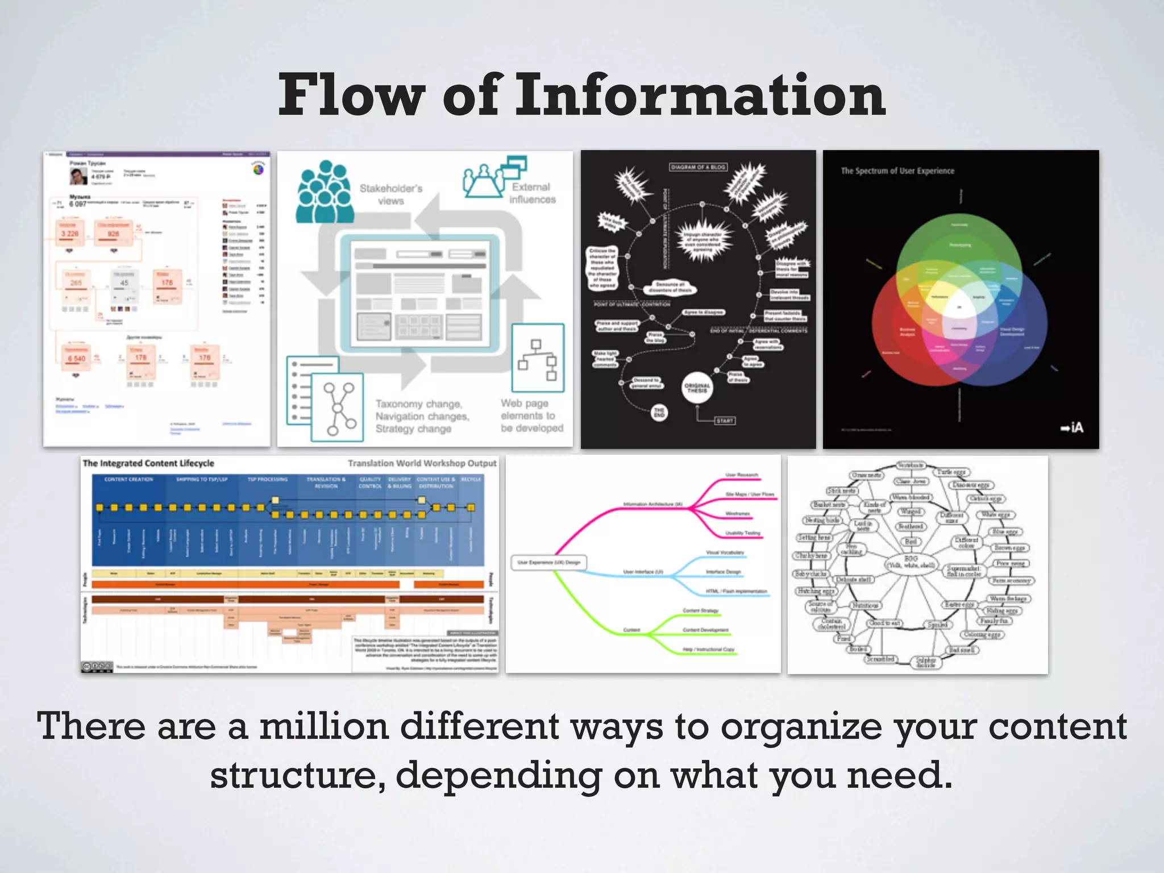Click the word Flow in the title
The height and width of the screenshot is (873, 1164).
(352, 95)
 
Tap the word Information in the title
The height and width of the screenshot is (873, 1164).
(700, 95)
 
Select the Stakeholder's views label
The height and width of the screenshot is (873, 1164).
(391, 194)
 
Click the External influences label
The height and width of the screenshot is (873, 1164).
(532, 193)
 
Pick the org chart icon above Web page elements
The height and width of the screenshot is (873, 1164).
(538, 359)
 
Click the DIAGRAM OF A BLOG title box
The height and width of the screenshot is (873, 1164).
(698, 167)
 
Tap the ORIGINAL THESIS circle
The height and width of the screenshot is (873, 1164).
(697, 388)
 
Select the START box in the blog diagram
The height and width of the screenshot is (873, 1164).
(725, 421)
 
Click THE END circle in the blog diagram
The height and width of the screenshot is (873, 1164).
(659, 413)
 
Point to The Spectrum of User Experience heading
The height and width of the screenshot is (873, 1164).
(897, 171)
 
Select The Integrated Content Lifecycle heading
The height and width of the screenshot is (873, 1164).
(148, 463)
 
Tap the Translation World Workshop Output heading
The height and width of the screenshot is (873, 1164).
(422, 463)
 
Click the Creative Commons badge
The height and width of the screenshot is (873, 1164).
(97, 667)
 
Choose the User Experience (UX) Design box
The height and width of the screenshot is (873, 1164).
(548, 563)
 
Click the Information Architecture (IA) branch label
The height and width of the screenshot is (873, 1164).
(652, 504)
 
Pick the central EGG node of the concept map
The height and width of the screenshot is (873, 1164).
(911, 562)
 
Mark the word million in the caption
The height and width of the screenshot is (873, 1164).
(324, 727)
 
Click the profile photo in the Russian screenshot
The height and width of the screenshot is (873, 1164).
(78, 176)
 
